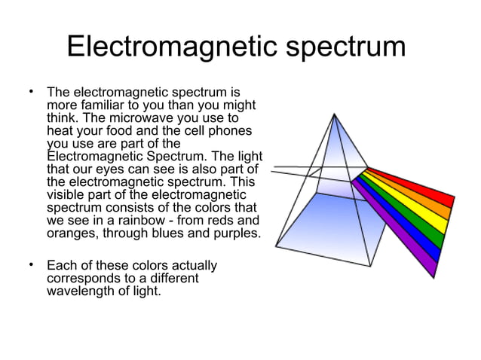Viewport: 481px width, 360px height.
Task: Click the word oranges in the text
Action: point(71,233)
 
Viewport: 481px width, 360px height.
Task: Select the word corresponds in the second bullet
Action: point(85,278)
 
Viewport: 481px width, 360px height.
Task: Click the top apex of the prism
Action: point(334,114)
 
